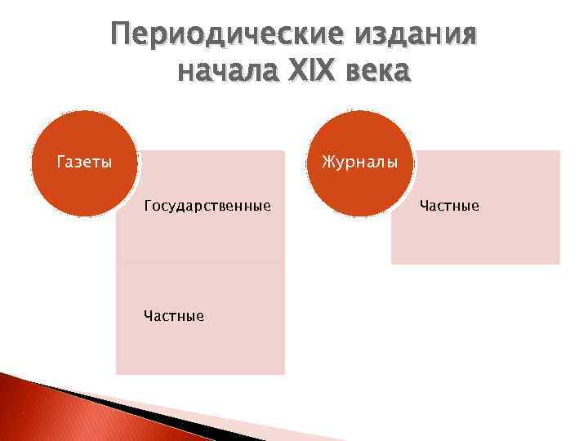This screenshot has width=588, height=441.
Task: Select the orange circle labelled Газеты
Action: [83, 163]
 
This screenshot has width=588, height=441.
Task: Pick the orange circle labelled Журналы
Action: [359, 163]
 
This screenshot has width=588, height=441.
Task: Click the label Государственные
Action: [207, 206]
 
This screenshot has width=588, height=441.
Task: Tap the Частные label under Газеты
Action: [174, 315]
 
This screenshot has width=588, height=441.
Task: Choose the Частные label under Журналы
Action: [449, 206]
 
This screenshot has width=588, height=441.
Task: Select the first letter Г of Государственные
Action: [148, 206]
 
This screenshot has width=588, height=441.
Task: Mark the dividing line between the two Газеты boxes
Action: [200, 263]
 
